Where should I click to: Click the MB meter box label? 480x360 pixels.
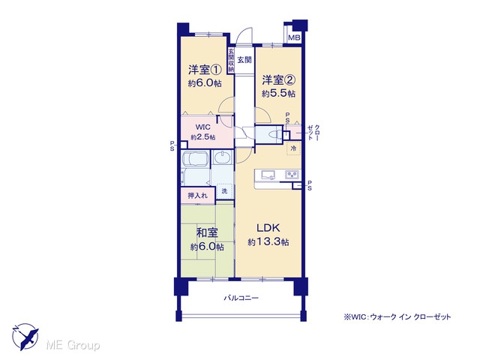tap(294, 38)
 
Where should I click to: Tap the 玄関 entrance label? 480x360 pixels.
tap(244, 60)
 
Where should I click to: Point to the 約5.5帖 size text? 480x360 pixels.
tap(278, 93)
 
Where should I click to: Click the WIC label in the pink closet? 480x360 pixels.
tap(202, 127)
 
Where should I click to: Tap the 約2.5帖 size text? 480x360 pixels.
tap(202, 137)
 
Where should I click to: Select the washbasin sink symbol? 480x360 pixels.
tap(223, 158)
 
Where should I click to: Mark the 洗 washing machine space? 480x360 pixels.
tap(224, 191)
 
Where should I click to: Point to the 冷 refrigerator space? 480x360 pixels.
tap(293, 148)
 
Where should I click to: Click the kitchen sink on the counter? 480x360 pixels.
tap(268, 175)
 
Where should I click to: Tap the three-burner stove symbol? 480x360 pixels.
tap(292, 175)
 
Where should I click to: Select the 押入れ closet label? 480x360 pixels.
tap(197, 195)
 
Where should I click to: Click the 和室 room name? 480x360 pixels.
tap(207, 233)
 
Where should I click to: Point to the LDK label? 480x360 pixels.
tap(268, 228)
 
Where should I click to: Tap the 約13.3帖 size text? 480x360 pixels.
tap(268, 242)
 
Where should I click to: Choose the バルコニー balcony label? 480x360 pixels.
tap(241, 298)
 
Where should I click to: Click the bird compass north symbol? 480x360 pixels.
tap(25, 337)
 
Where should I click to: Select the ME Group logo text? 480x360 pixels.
tap(73, 346)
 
